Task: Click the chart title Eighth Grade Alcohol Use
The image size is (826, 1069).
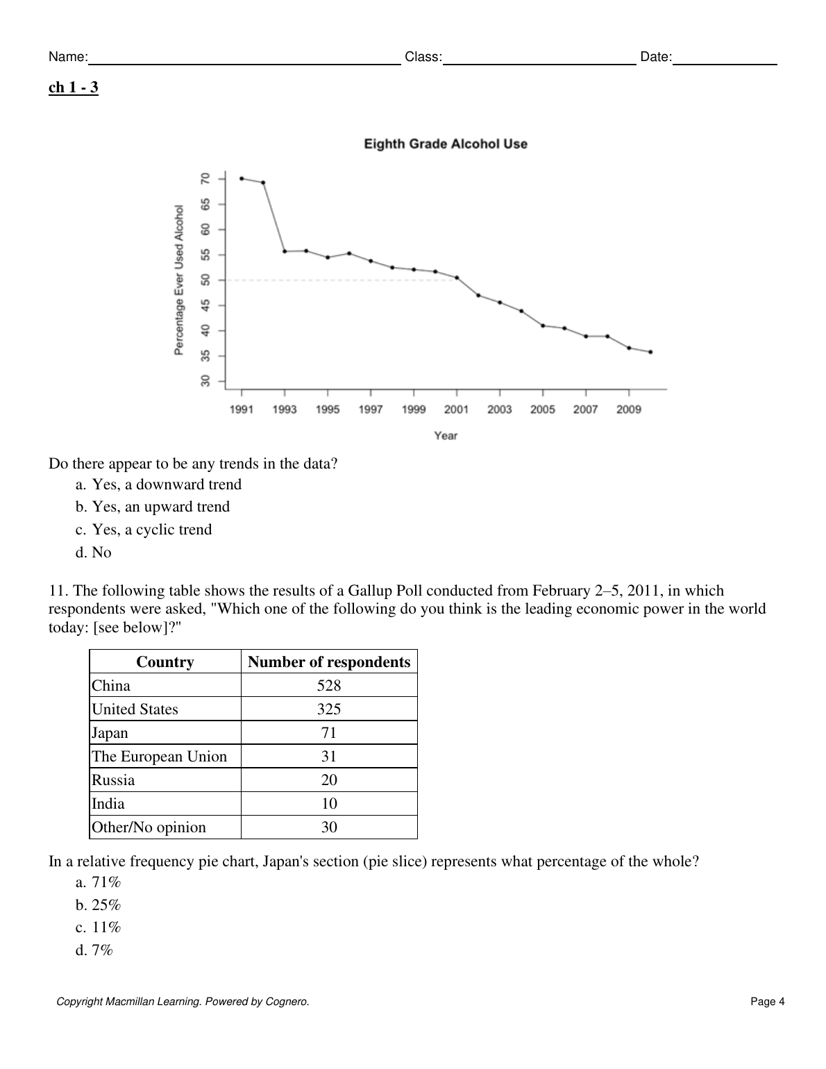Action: (446, 144)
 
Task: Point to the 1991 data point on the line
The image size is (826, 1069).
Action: (242, 178)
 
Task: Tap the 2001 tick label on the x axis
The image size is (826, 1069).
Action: (456, 410)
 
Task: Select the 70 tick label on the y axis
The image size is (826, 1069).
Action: (205, 178)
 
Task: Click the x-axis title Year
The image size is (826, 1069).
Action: (446, 436)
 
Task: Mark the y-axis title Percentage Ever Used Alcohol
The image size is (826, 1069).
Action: (179, 280)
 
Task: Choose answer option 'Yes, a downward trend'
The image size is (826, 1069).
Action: (167, 485)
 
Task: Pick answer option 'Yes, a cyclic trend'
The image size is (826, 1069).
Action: (151, 530)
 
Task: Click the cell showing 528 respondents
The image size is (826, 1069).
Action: (329, 686)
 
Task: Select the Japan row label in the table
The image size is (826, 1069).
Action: (110, 733)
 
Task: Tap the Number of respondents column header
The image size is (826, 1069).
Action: (329, 662)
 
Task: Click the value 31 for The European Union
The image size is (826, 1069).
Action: (329, 757)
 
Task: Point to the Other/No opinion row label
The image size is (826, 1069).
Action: (149, 827)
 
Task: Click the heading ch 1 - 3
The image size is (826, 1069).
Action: (74, 87)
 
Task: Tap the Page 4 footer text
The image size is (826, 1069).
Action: (767, 1002)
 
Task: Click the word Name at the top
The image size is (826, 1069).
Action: (67, 57)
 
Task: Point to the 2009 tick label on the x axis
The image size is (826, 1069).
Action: (628, 410)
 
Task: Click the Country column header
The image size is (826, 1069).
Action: (165, 662)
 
